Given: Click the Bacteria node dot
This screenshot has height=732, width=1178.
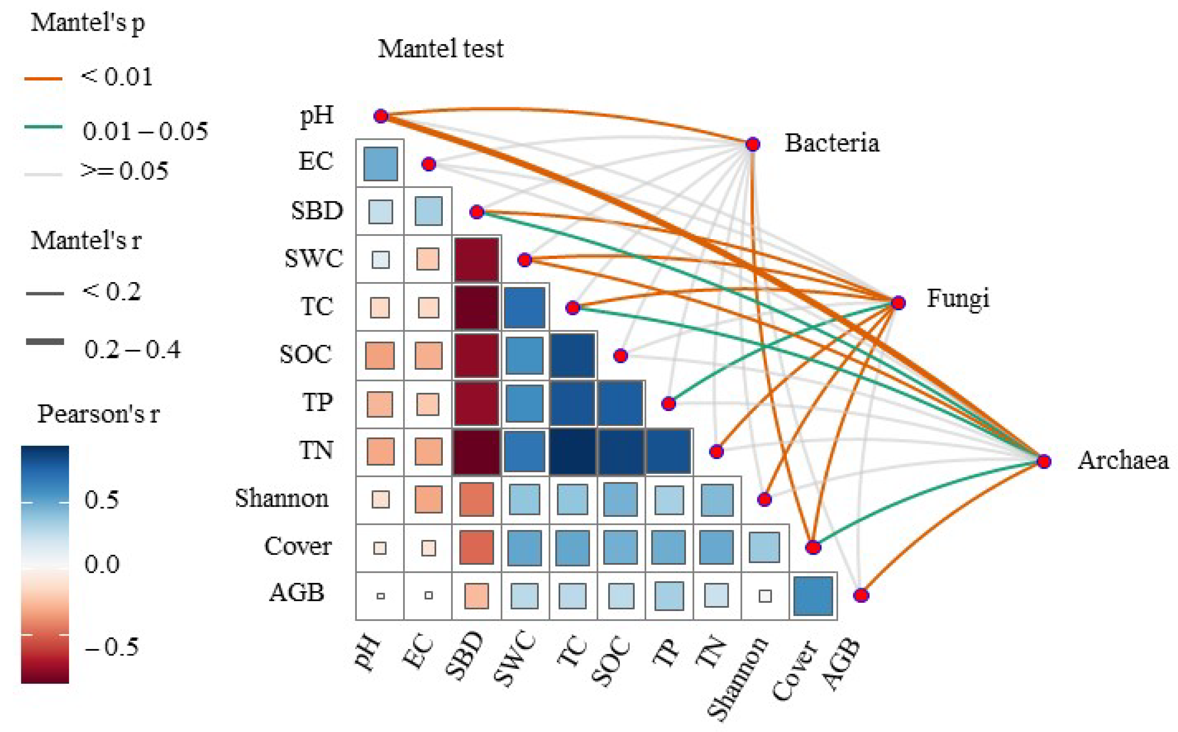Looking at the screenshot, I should (752, 144).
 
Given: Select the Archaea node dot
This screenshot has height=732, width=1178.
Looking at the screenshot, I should (1044, 461).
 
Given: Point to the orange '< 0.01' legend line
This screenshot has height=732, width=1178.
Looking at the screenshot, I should (44, 78).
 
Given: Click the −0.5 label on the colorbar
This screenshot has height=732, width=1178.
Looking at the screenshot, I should (111, 647).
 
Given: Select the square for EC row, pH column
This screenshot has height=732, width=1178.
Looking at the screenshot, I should (380, 164).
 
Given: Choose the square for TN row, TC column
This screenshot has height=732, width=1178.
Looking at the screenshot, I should (573, 451).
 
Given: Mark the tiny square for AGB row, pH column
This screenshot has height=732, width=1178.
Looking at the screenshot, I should (380, 596).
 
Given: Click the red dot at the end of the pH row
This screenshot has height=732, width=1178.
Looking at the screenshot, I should (381, 116).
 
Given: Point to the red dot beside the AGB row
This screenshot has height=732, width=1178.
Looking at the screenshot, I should (861, 595).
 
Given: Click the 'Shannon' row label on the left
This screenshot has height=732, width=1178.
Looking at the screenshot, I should (282, 498).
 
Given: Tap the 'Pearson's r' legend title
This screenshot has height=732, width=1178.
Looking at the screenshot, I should (98, 414).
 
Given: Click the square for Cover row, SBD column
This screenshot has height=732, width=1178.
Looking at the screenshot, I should (477, 547).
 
